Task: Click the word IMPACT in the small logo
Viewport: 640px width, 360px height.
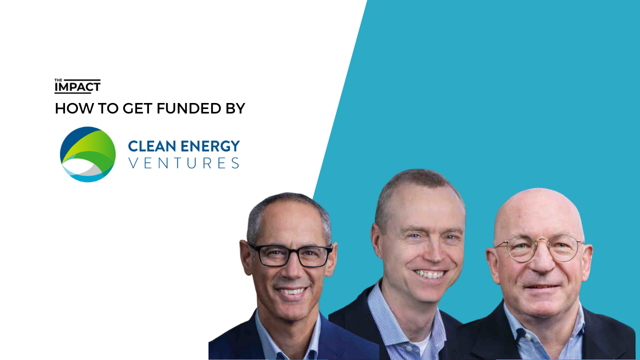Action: pyautogui.click(x=77, y=86)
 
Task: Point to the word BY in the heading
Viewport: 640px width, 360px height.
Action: pyautogui.click(x=235, y=108)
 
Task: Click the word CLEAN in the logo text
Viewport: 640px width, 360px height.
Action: pyautogui.click(x=152, y=146)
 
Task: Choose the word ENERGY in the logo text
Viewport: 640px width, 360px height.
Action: pyautogui.click(x=210, y=146)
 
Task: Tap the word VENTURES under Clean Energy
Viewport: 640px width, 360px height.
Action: pyautogui.click(x=184, y=163)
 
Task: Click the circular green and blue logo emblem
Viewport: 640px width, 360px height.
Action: pyautogui.click(x=87, y=154)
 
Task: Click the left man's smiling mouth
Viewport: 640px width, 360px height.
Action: pyautogui.click(x=292, y=292)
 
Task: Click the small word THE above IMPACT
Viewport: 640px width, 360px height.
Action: pyautogui.click(x=58, y=80)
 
